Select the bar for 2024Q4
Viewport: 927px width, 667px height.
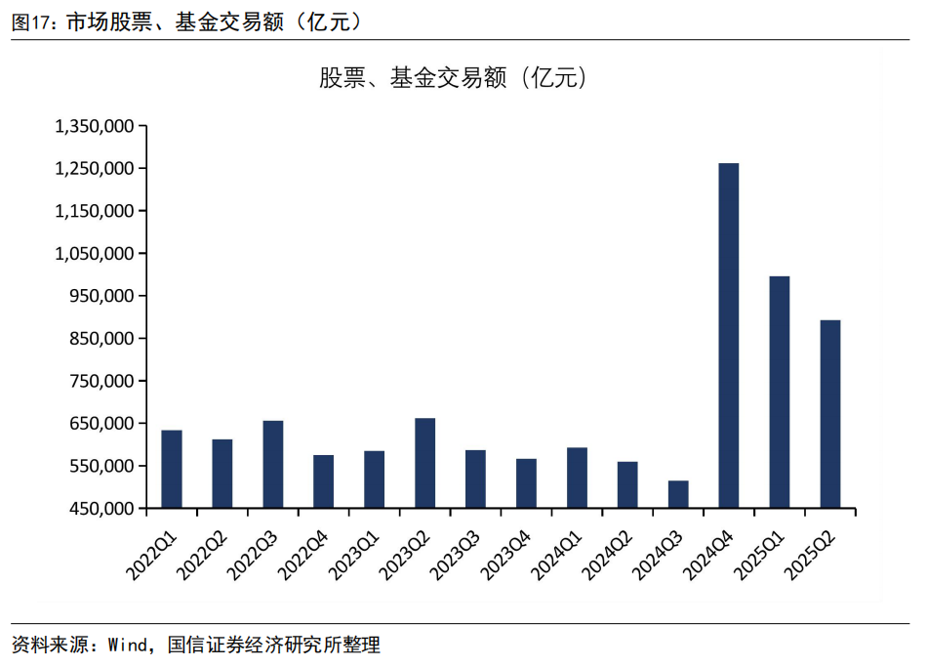pyautogui.click(x=729, y=336)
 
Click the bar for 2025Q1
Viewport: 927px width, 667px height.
pyautogui.click(x=780, y=393)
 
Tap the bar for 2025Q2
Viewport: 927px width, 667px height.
pyautogui.click(x=830, y=414)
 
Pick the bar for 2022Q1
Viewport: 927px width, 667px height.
pyautogui.click(x=172, y=469)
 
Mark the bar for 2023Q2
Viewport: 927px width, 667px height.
pyautogui.click(x=425, y=463)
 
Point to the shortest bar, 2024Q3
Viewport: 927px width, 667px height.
pyautogui.click(x=678, y=494)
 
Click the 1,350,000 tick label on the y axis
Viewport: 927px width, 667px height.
pyautogui.click(x=95, y=126)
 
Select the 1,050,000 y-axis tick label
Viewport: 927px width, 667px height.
pyautogui.click(x=95, y=254)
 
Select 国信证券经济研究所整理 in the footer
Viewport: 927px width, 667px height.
pyautogui.click(x=273, y=645)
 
